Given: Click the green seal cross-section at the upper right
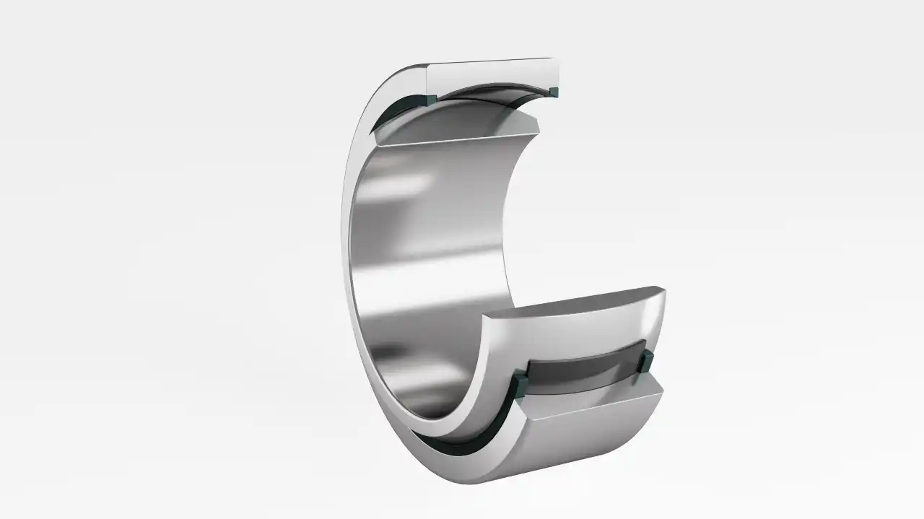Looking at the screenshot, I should coord(554,91).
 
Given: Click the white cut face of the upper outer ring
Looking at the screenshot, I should coord(491,76).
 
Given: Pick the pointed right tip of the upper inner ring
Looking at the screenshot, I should coord(538,131).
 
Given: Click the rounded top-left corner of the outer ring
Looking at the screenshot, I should coord(404,72).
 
